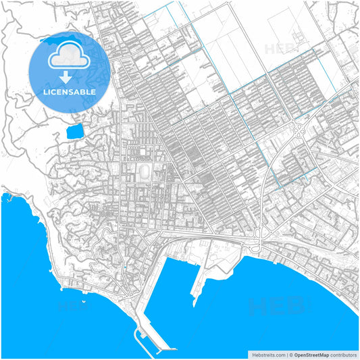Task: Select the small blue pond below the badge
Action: (x=74, y=131)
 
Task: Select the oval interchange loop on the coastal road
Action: (x=257, y=247)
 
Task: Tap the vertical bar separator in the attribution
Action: (x=287, y=354)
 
